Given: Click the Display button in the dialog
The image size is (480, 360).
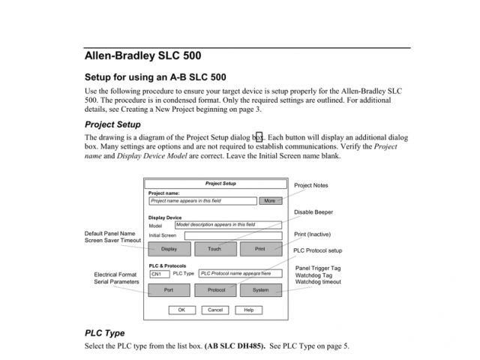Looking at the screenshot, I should coord(169,248).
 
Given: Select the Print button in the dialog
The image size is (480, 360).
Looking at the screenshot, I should coord(260,248).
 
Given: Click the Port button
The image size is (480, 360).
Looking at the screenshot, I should coord(169,290).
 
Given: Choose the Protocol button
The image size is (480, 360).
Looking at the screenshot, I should coord(215,290).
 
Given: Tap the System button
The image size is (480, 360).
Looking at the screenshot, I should coord(260,290).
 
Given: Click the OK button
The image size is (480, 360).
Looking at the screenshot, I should coord(181,310).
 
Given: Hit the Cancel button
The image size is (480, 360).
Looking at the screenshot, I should coord(215,310).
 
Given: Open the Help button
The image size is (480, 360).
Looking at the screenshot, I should coord(249,310).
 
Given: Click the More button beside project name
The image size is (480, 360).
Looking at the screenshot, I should coord(270,201).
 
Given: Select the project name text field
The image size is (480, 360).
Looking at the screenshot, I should coord(202,201).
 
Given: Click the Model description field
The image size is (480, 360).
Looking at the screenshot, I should coord(228,224).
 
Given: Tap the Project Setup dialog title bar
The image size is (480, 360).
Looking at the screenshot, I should coord(214,184).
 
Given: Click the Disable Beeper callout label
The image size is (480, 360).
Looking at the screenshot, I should coord(313,212).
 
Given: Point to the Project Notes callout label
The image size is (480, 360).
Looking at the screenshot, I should coord(310,185).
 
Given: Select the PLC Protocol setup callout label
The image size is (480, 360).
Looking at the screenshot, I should coord(317,250).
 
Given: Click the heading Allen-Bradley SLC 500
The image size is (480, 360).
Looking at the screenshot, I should coord(142,56).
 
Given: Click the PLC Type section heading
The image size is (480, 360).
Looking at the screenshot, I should coord(104,332).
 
